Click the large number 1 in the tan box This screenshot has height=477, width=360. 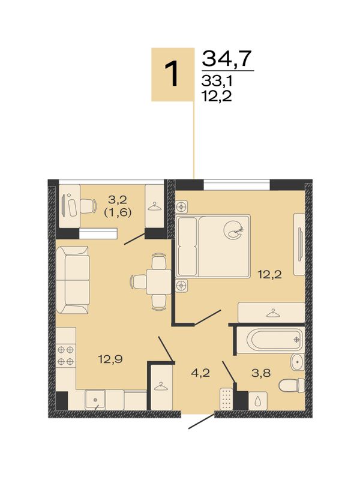[173, 74]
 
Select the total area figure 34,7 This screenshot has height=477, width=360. [227, 58]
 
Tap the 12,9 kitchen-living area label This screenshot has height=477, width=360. [110, 359]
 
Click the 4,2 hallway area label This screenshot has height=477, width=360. [200, 373]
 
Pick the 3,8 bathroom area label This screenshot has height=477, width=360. [261, 373]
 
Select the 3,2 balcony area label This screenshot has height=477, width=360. [118, 200]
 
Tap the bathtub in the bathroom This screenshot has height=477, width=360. [271, 340]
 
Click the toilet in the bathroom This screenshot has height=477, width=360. [292, 385]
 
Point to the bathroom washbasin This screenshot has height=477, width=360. [297, 362]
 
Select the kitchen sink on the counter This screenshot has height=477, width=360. [95, 399]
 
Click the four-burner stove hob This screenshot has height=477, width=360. [66, 355]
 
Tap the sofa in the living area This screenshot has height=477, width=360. [73, 280]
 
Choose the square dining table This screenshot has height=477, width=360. [158, 281]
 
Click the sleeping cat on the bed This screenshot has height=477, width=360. [234, 229]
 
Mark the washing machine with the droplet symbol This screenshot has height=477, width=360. [258, 401]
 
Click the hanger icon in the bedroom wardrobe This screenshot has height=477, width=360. [273, 313]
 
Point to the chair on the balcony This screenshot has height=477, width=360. [87, 206]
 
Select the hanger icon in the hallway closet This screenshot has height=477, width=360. [161, 386]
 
